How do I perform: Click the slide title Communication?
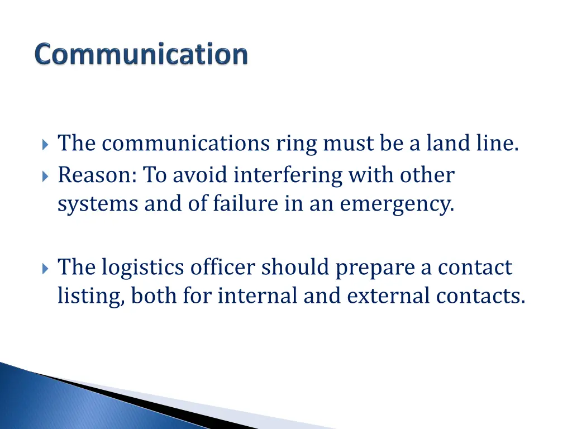(141, 55)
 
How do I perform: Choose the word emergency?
(397, 204)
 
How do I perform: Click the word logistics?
(142, 268)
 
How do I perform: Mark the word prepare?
(375, 268)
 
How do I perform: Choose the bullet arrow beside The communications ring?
(45, 145)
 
